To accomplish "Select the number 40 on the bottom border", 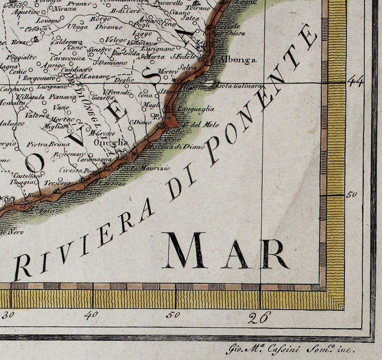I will click(91, 315).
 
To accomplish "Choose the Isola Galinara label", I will click(241, 86).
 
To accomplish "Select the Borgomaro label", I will click(31, 79).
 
